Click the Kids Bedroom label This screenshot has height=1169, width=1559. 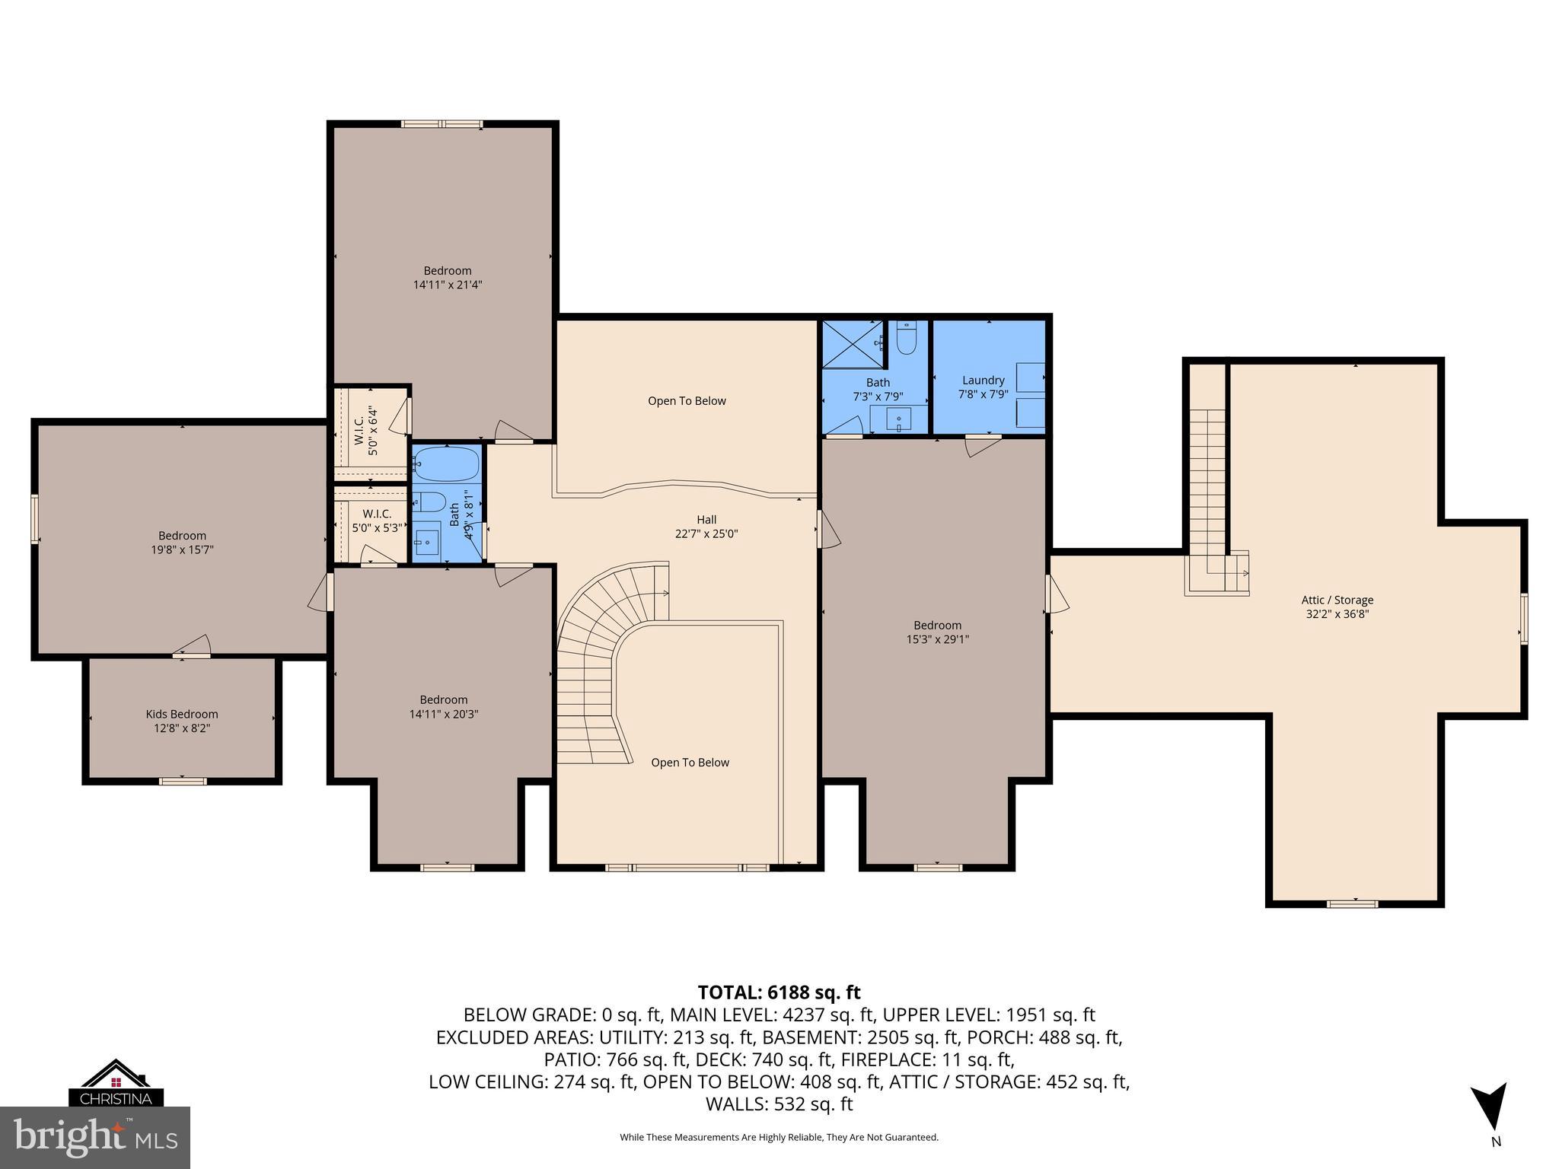[182, 714]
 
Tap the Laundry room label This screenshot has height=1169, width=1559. [983, 380]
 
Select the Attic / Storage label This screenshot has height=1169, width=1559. [1337, 600]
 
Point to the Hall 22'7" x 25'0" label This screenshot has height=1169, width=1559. [706, 527]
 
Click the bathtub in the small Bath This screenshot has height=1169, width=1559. [446, 463]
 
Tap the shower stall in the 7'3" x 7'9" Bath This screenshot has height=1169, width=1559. [852, 344]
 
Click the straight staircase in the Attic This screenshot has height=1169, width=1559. [1207, 487]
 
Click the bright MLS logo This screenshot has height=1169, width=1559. [94, 1137]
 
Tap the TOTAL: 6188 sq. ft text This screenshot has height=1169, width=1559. [779, 992]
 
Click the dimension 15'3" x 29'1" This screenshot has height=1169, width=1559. [937, 639]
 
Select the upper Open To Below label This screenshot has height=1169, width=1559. [687, 401]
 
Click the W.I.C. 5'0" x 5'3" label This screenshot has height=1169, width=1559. [377, 521]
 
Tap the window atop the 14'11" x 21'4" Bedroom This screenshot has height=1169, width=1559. [442, 124]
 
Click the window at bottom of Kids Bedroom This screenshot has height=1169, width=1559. [182, 780]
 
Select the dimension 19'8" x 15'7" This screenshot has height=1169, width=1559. [182, 549]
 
